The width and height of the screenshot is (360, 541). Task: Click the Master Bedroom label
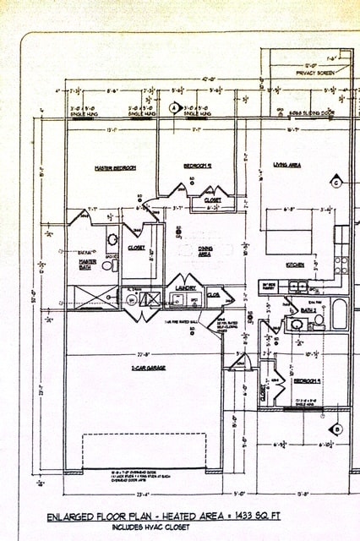116,168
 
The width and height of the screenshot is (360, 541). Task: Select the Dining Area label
205,250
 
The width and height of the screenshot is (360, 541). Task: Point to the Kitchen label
295,265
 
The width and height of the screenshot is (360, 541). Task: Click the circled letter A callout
175,108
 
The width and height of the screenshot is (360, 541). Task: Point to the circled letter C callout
335,183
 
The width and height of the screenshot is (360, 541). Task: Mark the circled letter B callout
335,429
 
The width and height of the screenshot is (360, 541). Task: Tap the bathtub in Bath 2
338,314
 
